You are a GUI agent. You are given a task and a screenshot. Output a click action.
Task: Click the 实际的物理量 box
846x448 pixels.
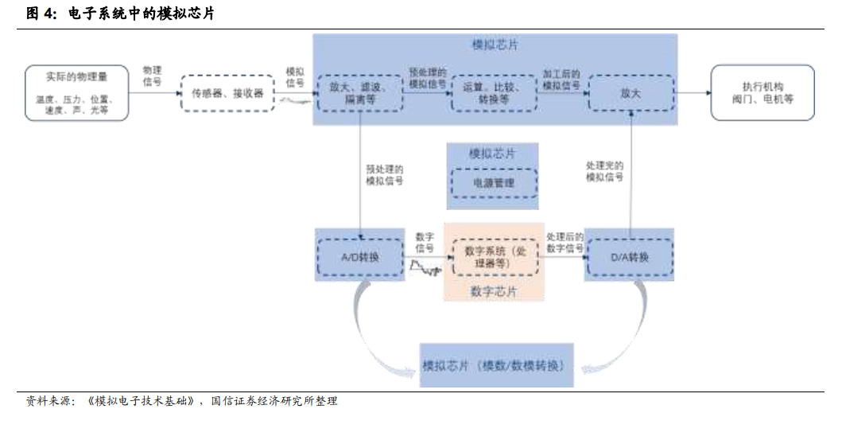[76, 93]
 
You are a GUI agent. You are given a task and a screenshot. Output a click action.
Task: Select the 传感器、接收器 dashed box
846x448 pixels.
[227, 94]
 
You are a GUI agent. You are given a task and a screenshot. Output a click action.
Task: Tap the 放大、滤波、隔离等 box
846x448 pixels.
[359, 93]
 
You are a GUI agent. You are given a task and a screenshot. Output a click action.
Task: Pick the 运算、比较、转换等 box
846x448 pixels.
[494, 93]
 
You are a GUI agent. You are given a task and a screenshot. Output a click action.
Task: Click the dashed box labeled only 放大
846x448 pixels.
[631, 93]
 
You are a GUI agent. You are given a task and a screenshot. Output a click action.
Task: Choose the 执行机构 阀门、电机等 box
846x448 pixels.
[762, 93]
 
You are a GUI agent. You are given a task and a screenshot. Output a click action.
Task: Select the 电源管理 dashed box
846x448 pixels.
[493, 183]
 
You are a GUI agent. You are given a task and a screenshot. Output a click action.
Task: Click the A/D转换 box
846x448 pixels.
[360, 257]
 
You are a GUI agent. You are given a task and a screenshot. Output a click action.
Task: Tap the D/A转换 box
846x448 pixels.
[629, 257]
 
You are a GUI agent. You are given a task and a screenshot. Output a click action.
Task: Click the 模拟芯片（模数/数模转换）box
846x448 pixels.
[495, 366]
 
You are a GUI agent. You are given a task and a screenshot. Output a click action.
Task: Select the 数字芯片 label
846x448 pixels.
[493, 291]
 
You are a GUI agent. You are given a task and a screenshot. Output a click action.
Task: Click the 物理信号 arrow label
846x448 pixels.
[152, 76]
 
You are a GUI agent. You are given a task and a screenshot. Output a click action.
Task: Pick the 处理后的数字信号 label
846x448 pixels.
[565, 243]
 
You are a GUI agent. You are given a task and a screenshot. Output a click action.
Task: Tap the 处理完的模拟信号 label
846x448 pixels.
[604, 171]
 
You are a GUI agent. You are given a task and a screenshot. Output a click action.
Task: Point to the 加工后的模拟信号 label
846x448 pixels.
[561, 79]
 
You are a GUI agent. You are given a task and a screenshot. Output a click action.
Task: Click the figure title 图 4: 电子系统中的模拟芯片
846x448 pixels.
[120, 14]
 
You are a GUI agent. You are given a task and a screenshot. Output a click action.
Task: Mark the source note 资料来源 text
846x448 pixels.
[182, 401]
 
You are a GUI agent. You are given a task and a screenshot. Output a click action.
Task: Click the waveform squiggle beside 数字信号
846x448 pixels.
[425, 269]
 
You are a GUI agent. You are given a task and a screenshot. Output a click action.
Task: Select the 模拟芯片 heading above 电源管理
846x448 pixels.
[492, 154]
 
